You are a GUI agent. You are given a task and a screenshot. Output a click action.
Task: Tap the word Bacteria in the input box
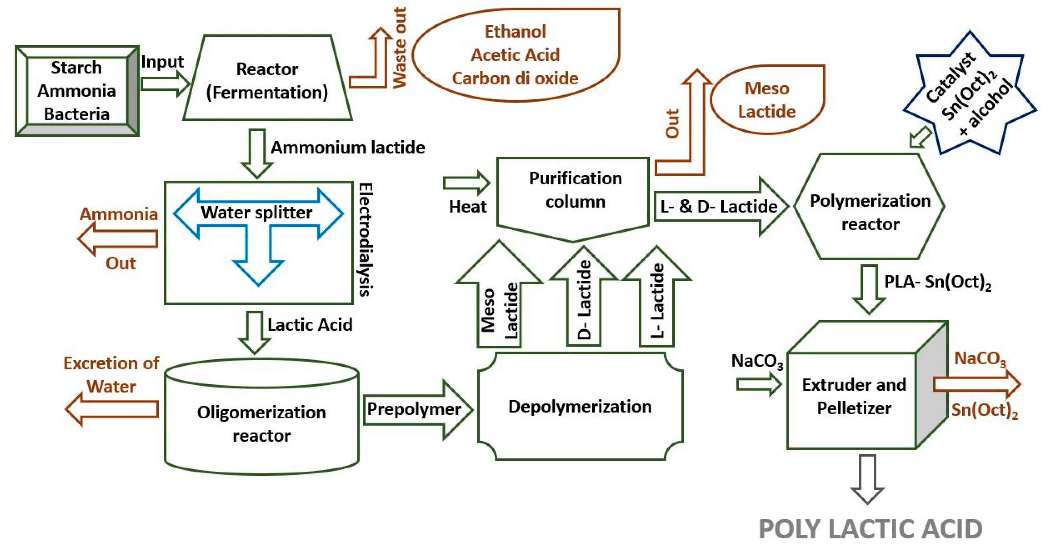point(77,114)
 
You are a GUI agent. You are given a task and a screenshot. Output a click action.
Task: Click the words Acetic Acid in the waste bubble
point(515,55)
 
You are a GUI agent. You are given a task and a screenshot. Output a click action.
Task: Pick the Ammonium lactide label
point(348,147)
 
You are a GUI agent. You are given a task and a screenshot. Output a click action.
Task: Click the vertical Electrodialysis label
point(366,239)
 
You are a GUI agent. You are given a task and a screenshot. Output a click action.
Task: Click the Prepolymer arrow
point(418,410)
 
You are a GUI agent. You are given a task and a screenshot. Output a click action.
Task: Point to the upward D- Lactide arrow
point(584,296)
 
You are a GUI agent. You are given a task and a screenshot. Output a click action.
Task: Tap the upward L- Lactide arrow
point(657,296)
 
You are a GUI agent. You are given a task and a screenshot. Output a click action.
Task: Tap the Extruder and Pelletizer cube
point(867,385)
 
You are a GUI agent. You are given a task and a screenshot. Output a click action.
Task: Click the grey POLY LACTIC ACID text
point(871,529)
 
